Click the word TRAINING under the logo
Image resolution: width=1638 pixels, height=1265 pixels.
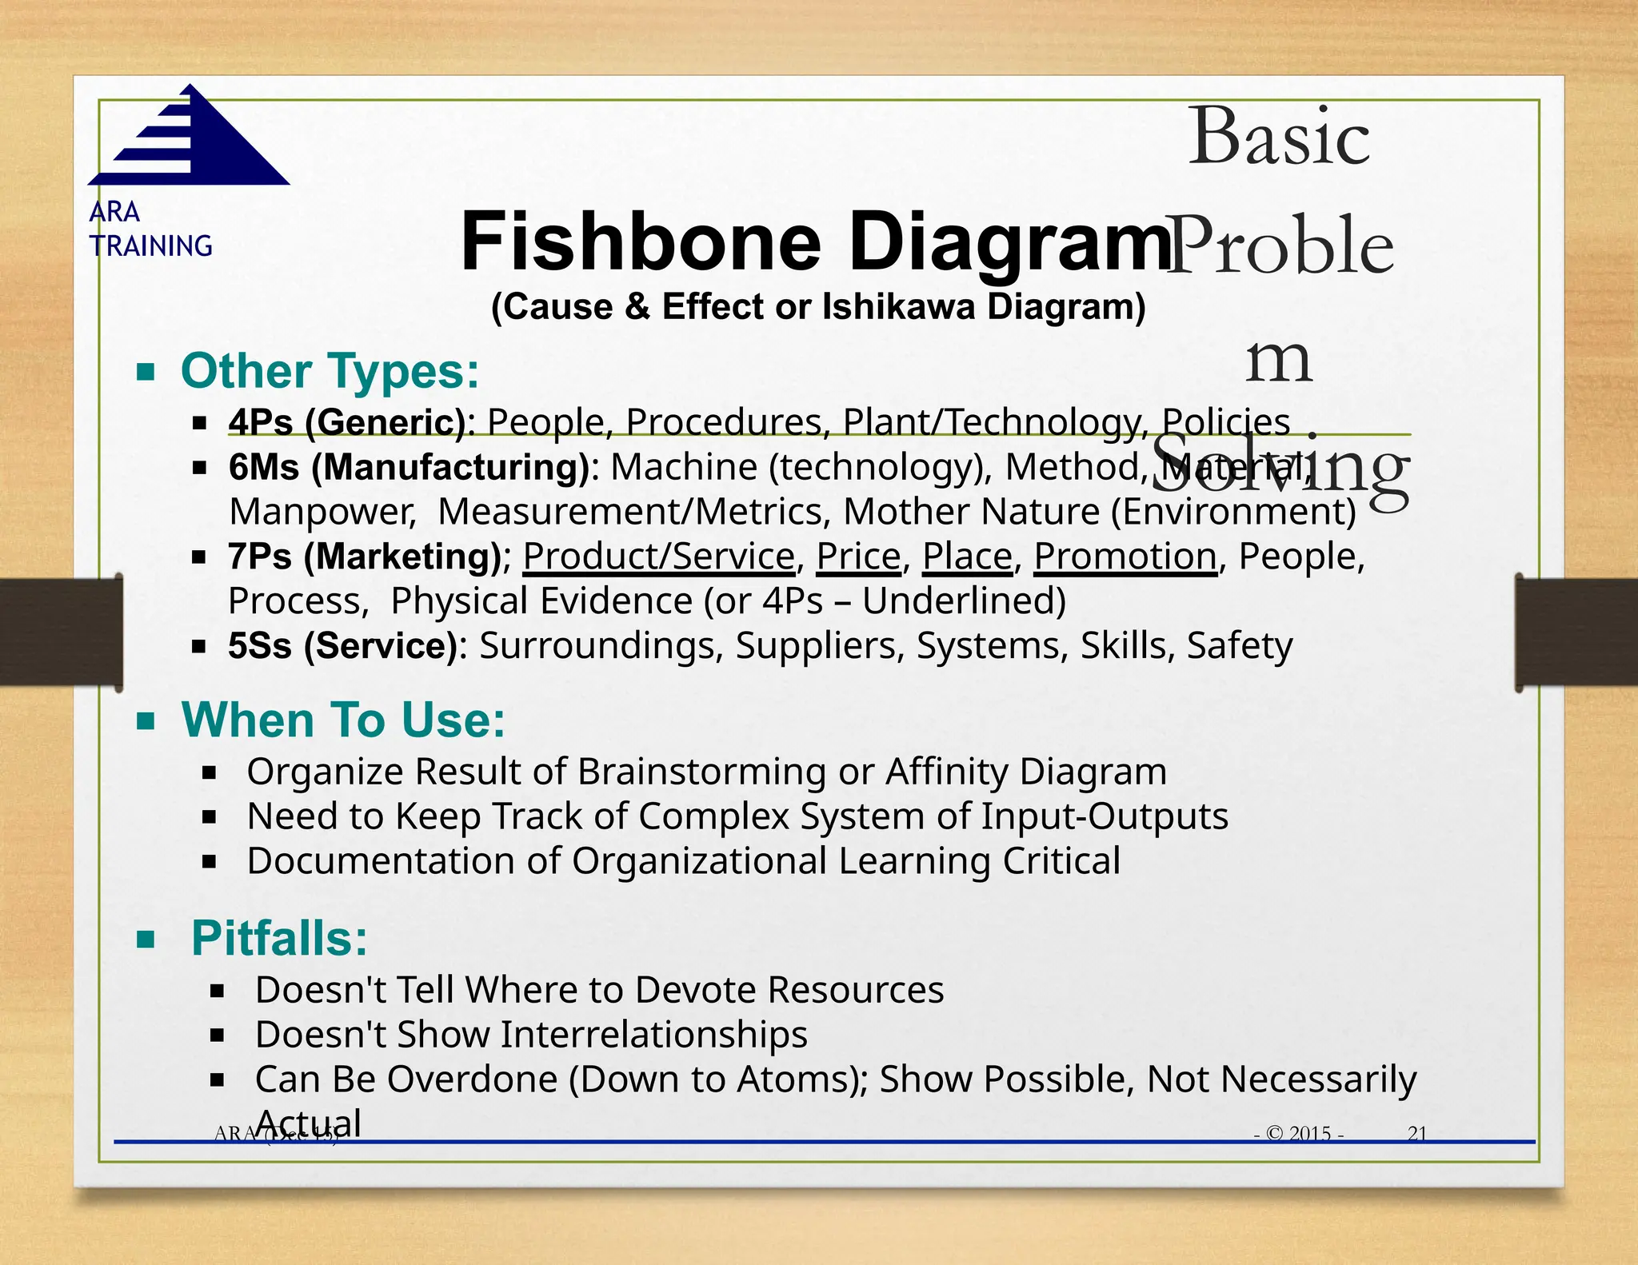pyautogui.click(x=151, y=246)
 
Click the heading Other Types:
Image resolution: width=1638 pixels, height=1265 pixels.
pyautogui.click(x=330, y=372)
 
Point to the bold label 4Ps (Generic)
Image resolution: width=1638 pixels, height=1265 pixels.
pyautogui.click(x=348, y=422)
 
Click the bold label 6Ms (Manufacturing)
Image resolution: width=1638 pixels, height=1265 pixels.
pyautogui.click(x=409, y=467)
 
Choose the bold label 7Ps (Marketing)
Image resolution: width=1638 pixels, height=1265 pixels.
pyautogui.click(x=365, y=557)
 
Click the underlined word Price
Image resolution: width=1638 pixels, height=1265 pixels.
pyautogui.click(x=858, y=557)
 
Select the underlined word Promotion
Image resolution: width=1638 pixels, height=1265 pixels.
pyautogui.click(x=1125, y=557)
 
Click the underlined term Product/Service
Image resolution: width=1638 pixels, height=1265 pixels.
pyautogui.click(x=659, y=557)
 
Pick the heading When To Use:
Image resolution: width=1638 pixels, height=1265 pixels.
pyautogui.click(x=344, y=720)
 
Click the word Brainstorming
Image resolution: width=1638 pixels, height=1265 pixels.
pyautogui.click(x=702, y=772)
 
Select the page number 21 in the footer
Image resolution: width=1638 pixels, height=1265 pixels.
pyautogui.click(x=1417, y=1133)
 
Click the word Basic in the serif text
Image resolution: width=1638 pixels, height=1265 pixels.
pyautogui.click(x=1279, y=137)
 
